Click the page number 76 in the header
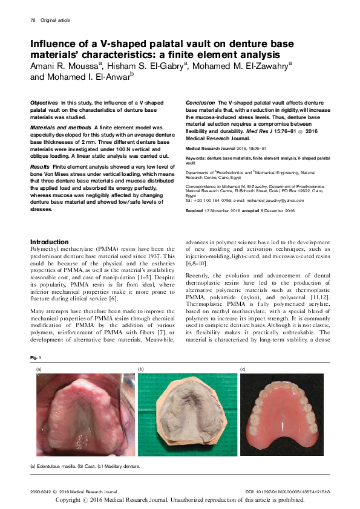33,20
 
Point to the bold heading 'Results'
40,166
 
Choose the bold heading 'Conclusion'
200,103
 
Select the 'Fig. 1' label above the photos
36,358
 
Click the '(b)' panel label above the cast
141,368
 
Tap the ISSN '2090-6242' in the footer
40,491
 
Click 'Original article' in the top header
56,20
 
